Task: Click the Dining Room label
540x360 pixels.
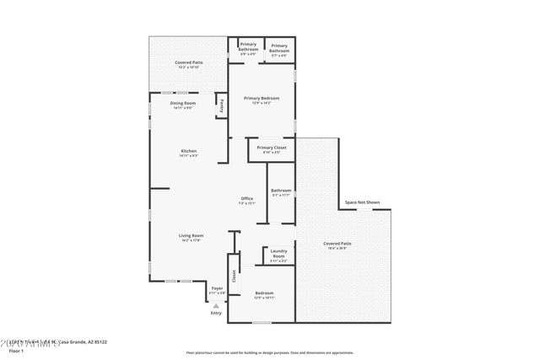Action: (x=183, y=104)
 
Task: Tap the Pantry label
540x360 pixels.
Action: (x=222, y=106)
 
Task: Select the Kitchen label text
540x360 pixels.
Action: (x=188, y=152)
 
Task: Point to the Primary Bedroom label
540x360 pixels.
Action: (x=262, y=99)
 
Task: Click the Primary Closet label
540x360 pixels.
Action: (x=271, y=148)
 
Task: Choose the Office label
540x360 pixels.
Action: (x=246, y=199)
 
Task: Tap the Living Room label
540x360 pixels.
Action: (x=191, y=236)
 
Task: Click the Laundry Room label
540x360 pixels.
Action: (x=278, y=254)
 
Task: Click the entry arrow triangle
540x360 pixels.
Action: (x=216, y=305)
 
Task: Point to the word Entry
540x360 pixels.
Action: (x=216, y=314)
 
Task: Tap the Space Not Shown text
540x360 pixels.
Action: (x=362, y=202)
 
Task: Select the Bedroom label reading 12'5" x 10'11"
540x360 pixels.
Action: (x=264, y=293)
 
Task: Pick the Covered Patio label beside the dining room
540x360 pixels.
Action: (x=188, y=62)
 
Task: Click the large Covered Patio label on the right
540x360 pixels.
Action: (x=337, y=244)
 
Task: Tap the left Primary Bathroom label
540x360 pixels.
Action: (x=248, y=46)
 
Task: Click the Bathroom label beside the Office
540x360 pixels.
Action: (x=281, y=191)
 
